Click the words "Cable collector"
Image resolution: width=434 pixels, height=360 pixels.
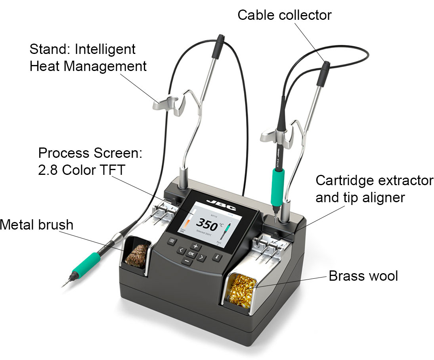(x=284, y=15)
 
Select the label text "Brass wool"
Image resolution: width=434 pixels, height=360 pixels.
(x=363, y=275)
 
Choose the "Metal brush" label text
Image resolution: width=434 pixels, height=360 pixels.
(x=36, y=225)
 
